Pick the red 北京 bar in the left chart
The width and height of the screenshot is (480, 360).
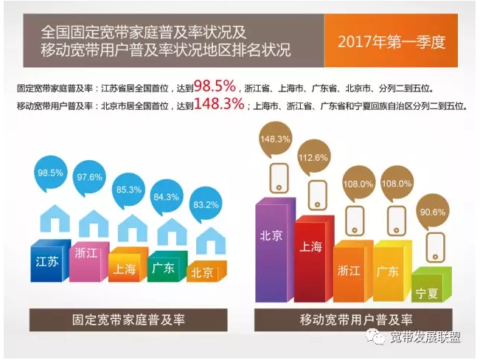203,272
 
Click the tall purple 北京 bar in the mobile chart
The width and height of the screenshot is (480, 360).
271,251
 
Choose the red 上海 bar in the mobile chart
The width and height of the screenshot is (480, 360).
312,258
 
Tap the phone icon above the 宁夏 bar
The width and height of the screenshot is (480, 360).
430,247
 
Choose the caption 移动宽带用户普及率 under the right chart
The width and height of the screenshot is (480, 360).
354,320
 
